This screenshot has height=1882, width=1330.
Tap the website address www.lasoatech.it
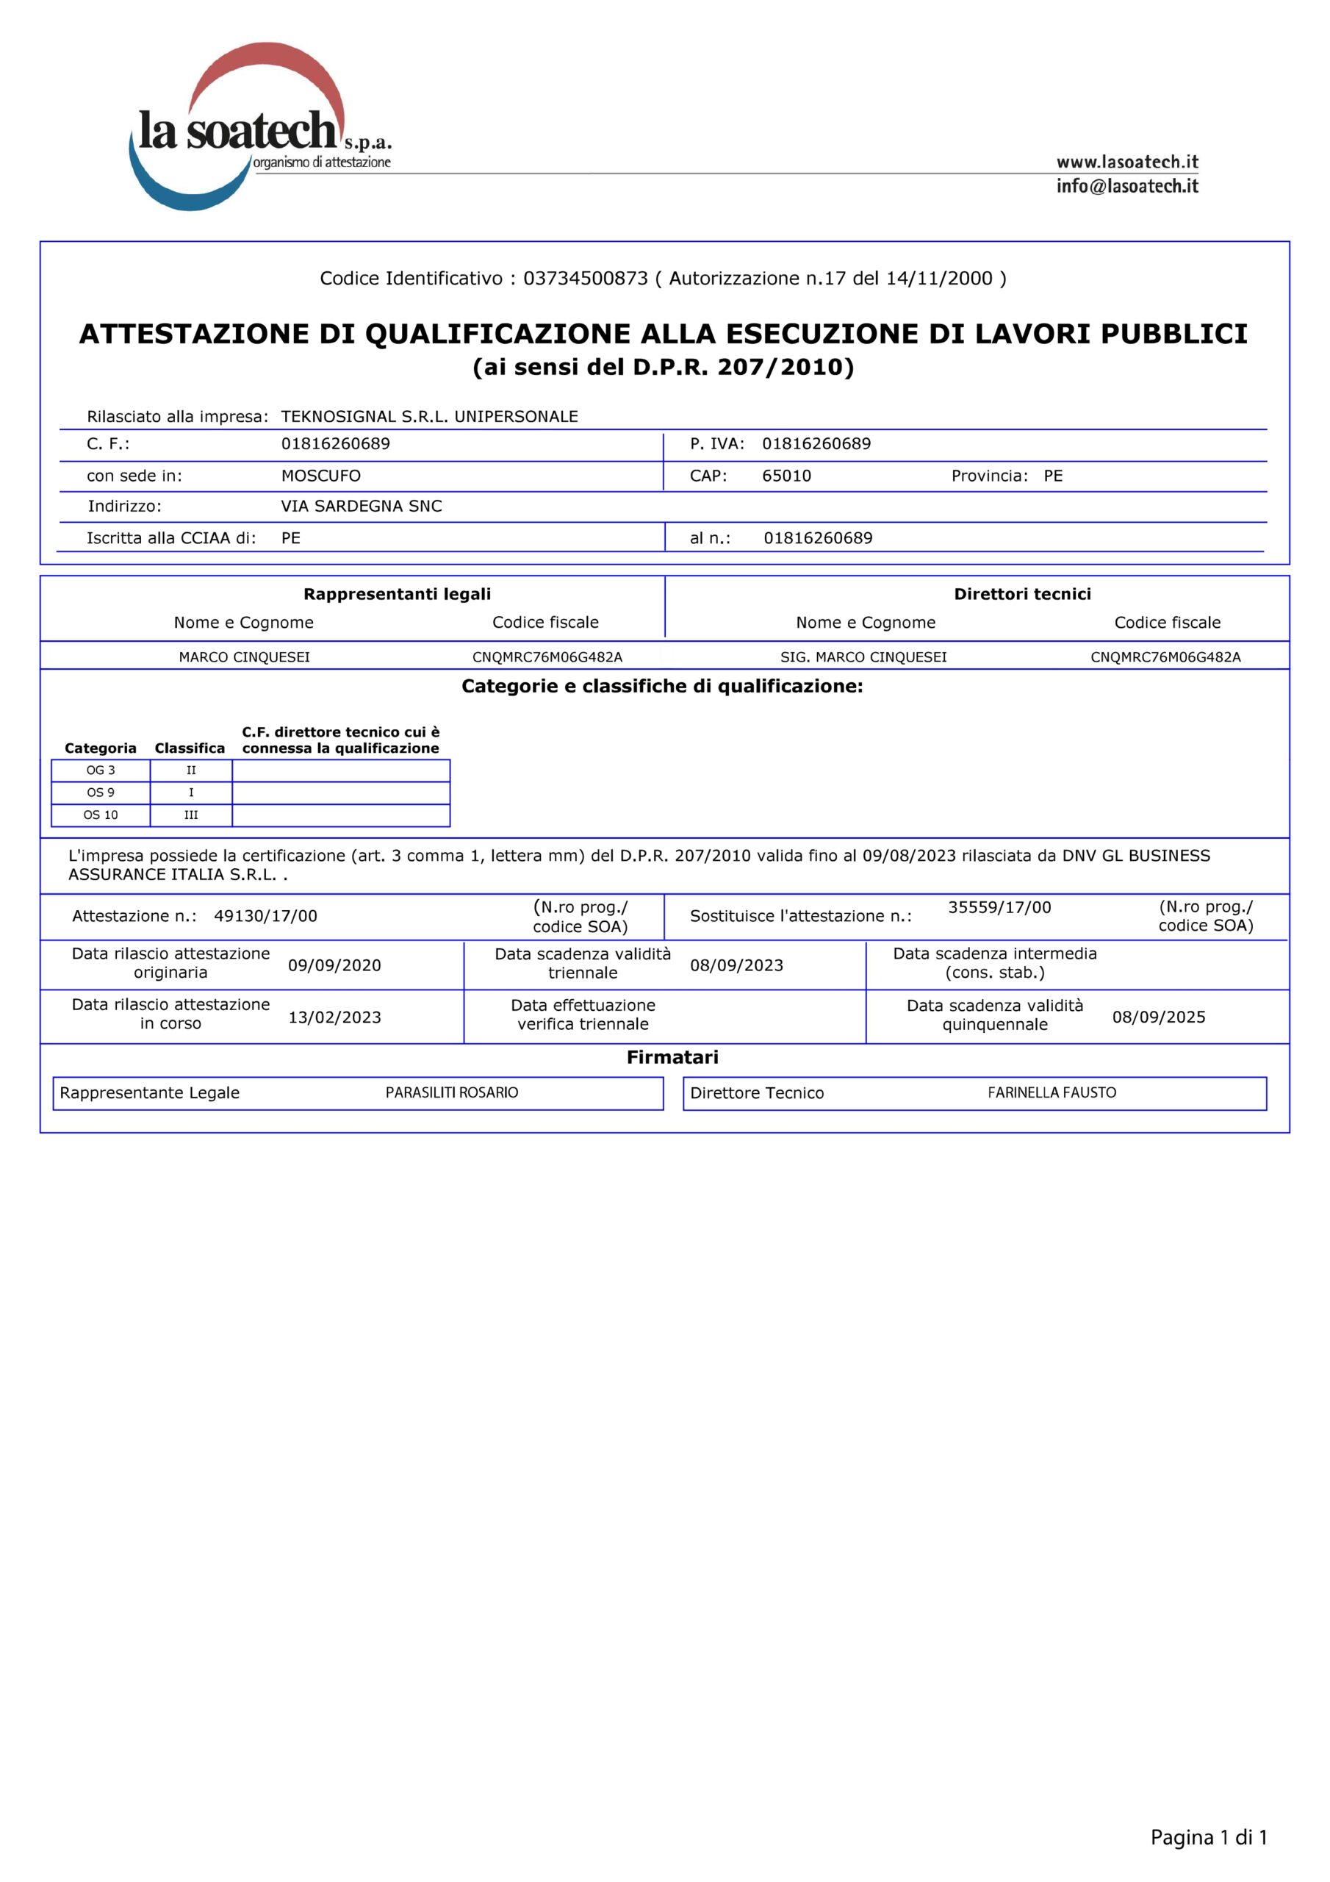[x=1126, y=162]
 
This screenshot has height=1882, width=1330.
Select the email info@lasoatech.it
[x=1126, y=186]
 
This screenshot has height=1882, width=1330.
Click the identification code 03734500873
[x=585, y=279]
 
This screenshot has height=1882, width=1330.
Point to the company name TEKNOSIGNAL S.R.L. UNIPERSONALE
[x=429, y=416]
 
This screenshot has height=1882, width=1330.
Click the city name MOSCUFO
[x=320, y=476]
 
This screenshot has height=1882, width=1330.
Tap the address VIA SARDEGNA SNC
[x=362, y=506]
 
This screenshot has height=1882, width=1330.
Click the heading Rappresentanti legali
[x=398, y=593]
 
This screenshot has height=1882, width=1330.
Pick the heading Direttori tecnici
[x=1022, y=593]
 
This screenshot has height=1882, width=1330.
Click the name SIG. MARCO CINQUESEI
[x=863, y=656]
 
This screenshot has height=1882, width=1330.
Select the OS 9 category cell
[x=101, y=792]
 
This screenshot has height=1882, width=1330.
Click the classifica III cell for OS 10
[x=191, y=815]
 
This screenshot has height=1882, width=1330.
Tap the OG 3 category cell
[x=101, y=770]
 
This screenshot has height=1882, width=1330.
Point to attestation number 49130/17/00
[x=265, y=915]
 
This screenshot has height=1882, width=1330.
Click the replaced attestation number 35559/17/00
[x=999, y=907]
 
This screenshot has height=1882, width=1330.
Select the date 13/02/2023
[x=334, y=1017]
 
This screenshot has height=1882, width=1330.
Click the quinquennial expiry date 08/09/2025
[x=1158, y=1017]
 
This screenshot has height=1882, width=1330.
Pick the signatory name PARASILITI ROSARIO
[x=451, y=1092]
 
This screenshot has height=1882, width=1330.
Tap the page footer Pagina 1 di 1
[x=1208, y=1837]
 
